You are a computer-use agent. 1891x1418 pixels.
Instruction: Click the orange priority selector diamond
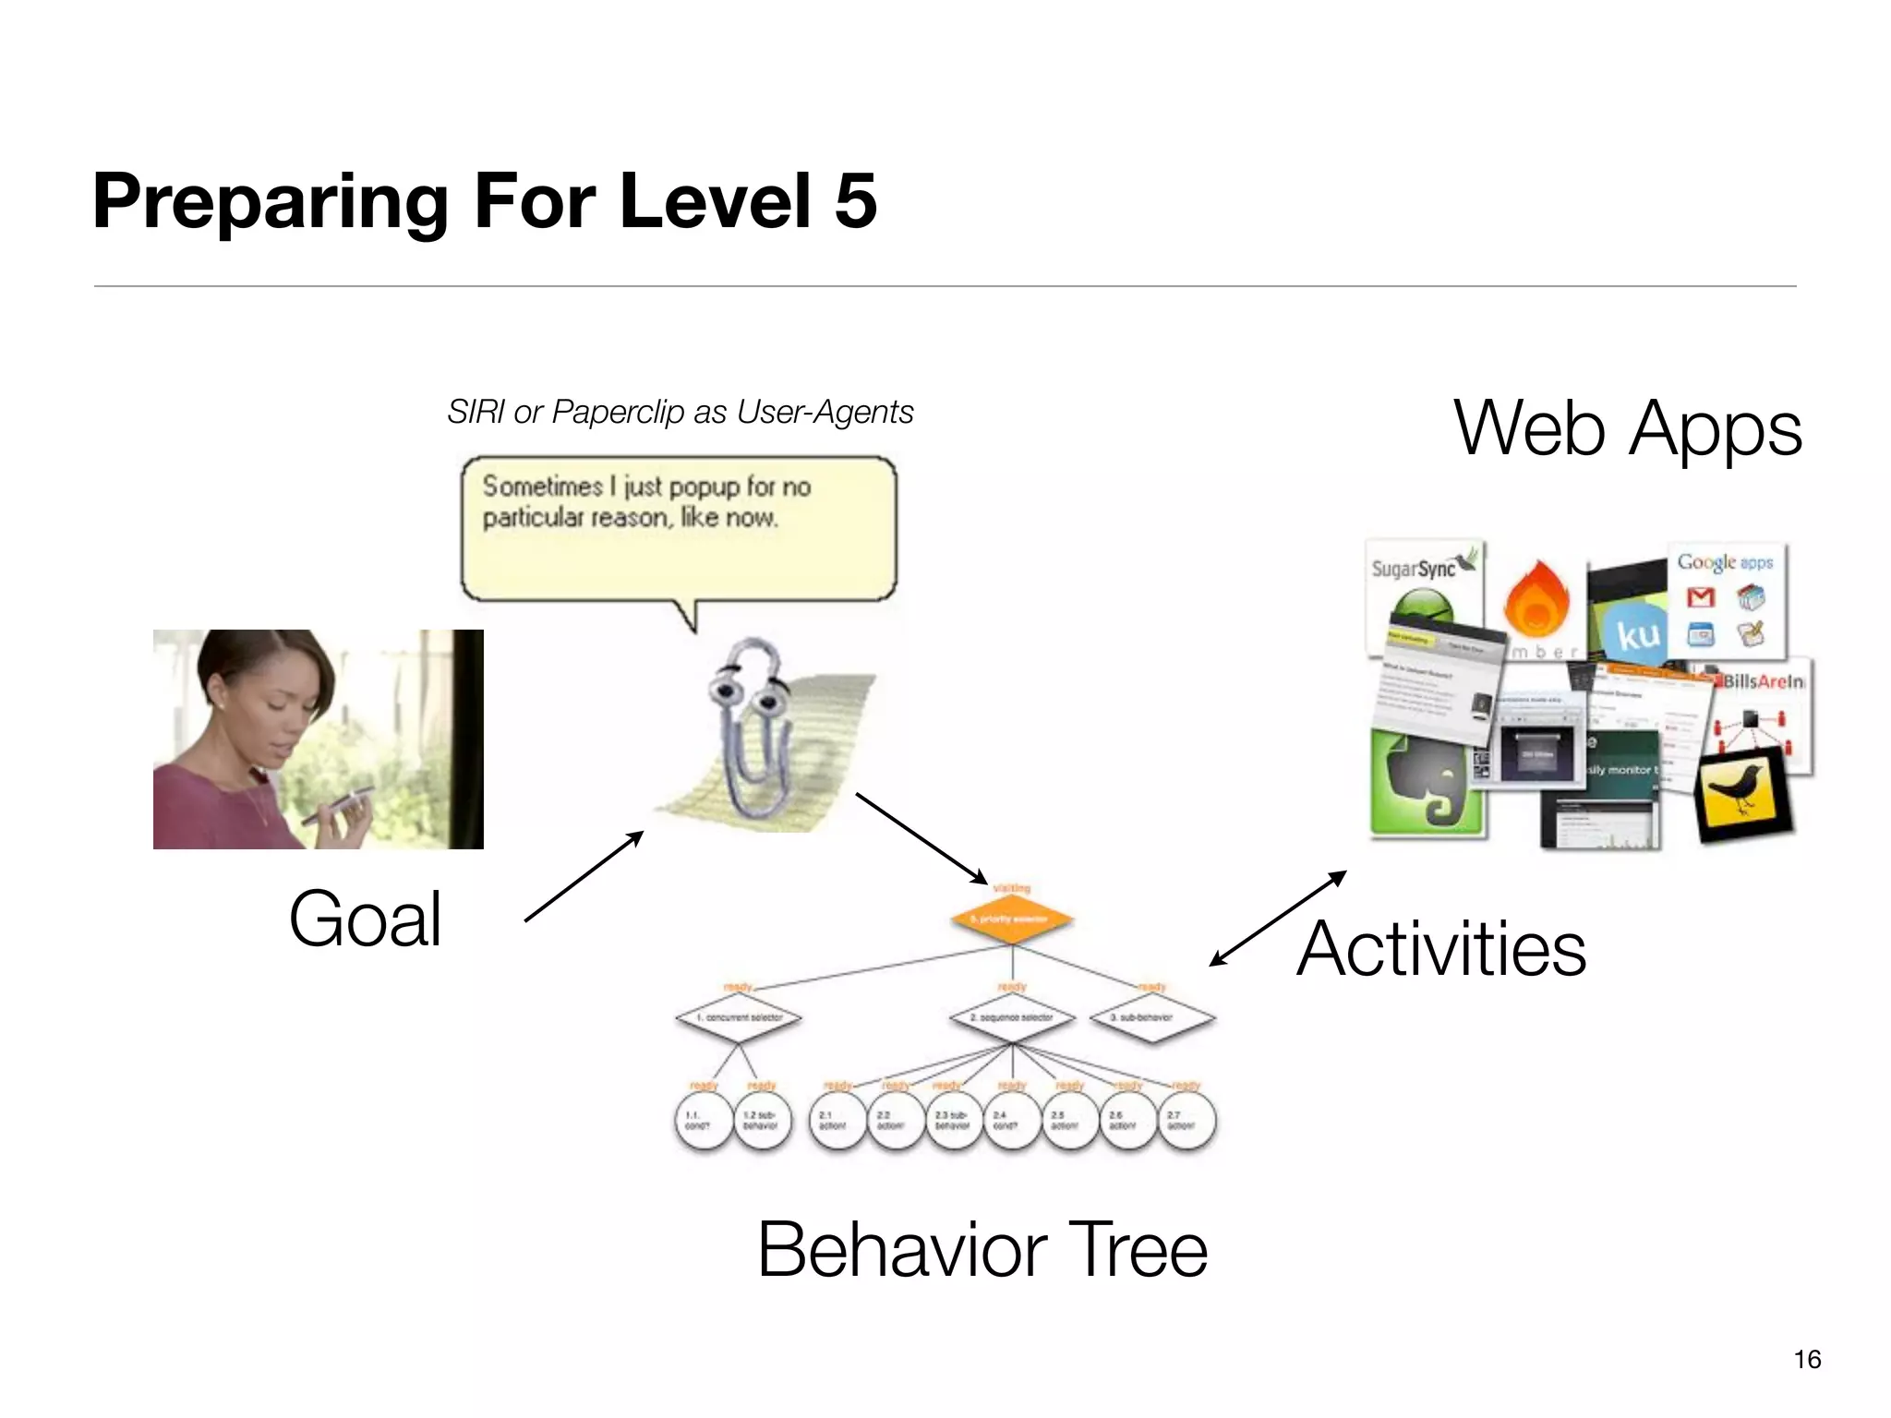[1012, 919]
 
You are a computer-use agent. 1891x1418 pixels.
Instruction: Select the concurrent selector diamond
[738, 1017]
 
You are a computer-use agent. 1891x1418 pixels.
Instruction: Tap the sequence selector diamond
[1012, 1017]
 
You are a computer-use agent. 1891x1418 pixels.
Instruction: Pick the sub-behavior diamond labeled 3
[1150, 1017]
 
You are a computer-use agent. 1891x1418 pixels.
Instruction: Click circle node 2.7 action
[1186, 1121]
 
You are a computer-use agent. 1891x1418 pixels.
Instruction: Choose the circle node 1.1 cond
[704, 1121]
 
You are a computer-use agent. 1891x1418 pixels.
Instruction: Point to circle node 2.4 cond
[1012, 1121]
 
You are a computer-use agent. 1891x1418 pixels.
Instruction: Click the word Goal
[365, 919]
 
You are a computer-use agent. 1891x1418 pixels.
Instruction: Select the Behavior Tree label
[982, 1250]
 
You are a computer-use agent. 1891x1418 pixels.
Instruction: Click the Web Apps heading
[1627, 428]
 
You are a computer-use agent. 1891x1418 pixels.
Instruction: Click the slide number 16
[1807, 1359]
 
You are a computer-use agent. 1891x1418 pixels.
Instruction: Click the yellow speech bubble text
[646, 502]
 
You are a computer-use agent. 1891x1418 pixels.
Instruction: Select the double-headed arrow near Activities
[1278, 919]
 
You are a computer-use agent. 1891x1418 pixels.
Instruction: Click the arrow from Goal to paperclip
[584, 876]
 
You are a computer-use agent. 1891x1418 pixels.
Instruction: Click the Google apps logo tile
[1725, 600]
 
